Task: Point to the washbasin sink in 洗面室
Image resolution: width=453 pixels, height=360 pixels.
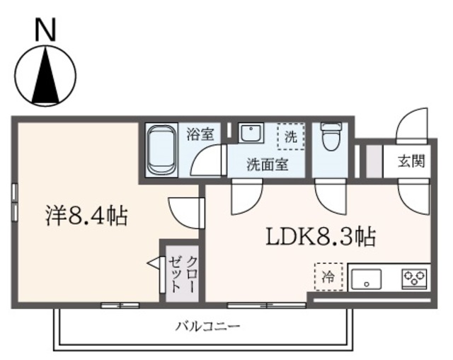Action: pos(249,134)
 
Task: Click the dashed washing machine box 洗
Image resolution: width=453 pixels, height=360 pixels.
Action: pos(290,136)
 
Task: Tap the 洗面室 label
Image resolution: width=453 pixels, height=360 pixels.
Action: pos(266,166)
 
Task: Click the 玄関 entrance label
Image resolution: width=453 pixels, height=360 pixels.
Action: pos(411,161)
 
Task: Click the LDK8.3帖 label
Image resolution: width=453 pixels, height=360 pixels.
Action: pos(320,236)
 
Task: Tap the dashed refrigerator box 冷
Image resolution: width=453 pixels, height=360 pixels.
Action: pos(328,277)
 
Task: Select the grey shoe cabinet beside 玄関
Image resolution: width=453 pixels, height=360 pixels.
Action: pos(370,162)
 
